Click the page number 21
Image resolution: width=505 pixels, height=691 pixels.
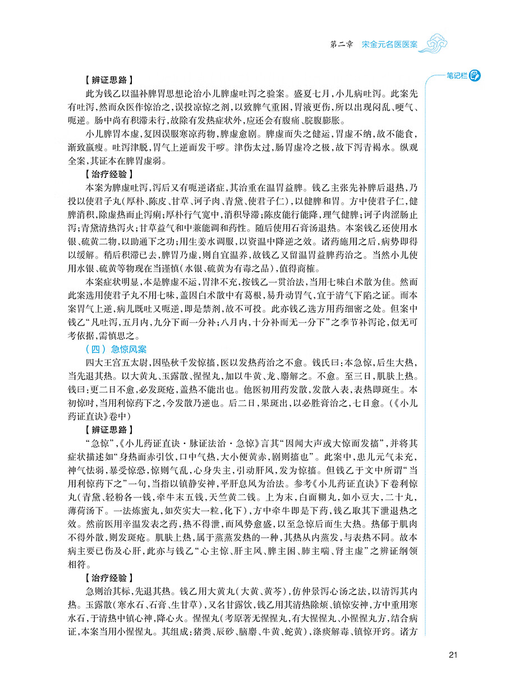coord(454,655)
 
